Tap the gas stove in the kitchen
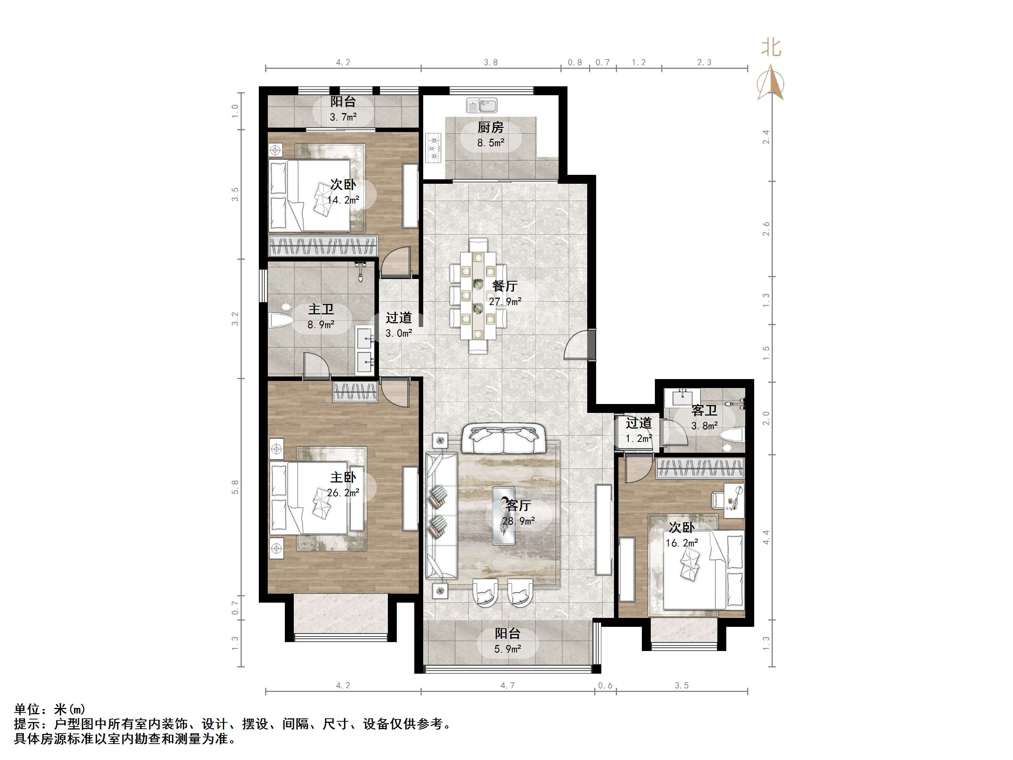click(433, 148)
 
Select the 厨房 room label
click(491, 127)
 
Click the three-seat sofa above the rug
click(503, 439)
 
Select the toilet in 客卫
click(732, 436)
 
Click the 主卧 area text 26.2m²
click(343, 493)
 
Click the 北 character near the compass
click(771, 48)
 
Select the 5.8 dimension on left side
click(235, 487)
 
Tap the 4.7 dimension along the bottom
click(507, 685)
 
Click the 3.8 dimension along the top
click(491, 62)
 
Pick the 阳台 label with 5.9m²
click(507, 634)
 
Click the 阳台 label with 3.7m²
click(343, 102)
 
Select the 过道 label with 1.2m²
click(639, 423)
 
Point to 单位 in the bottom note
click(28, 710)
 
